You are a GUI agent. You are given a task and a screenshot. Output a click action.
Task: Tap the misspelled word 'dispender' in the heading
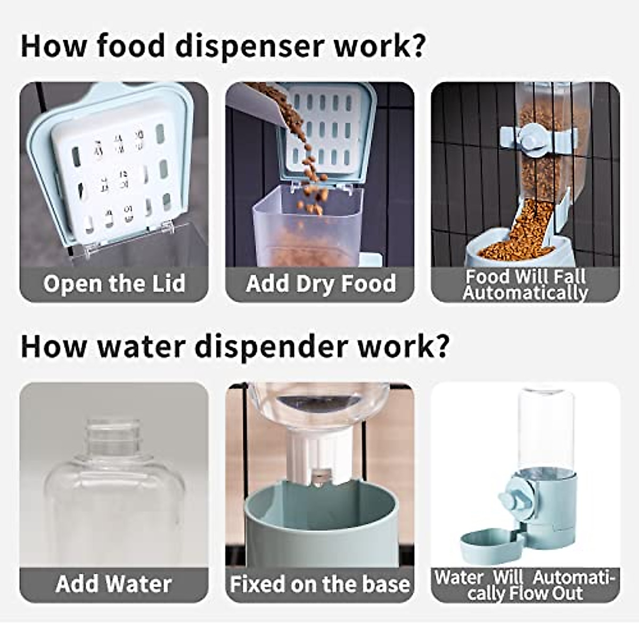pyautogui.click(x=271, y=346)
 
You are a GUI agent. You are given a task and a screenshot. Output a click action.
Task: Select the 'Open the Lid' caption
pyautogui.click(x=114, y=283)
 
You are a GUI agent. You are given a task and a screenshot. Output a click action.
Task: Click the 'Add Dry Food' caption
pyautogui.click(x=321, y=283)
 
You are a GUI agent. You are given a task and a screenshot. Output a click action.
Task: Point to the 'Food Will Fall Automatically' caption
pyautogui.click(x=525, y=284)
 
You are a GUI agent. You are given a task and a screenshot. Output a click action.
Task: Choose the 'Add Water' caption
pyautogui.click(x=113, y=584)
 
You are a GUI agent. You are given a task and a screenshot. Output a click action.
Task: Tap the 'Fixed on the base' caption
pyautogui.click(x=320, y=584)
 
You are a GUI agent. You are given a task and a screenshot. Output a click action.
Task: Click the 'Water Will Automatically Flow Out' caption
pyautogui.click(x=525, y=585)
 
